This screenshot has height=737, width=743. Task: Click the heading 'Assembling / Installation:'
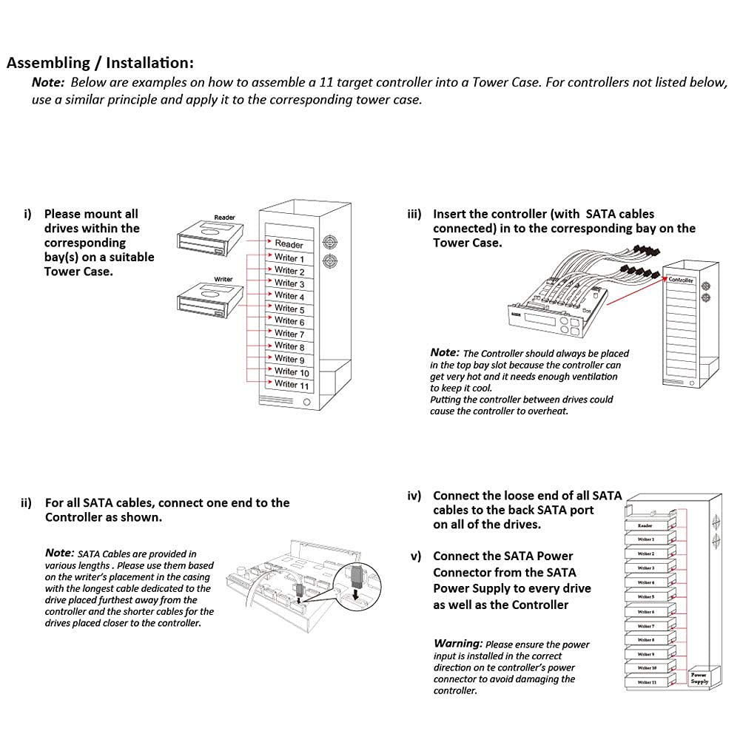(100, 63)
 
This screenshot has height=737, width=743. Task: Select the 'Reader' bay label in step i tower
(289, 243)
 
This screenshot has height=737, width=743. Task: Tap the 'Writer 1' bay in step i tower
(289, 258)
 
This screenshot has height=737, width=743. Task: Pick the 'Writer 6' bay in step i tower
(289, 321)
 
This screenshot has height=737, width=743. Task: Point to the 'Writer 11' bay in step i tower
(292, 384)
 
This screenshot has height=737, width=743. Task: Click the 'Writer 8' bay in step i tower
(289, 346)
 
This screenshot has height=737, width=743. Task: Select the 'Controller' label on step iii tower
(681, 280)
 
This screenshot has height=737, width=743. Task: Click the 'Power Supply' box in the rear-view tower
(699, 678)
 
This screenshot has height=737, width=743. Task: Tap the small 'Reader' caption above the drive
(224, 218)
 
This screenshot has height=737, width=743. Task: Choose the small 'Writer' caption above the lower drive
(223, 279)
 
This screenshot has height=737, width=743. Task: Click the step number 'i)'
(28, 214)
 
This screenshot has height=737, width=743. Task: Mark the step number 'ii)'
(27, 503)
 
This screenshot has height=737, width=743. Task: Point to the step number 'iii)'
(414, 214)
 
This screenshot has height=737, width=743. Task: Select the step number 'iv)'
(414, 496)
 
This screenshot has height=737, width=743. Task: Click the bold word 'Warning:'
(458, 644)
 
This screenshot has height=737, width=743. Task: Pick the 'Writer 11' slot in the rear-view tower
(646, 682)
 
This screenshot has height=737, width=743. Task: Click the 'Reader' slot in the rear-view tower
(645, 525)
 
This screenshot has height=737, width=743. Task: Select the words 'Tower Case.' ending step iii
(467, 243)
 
